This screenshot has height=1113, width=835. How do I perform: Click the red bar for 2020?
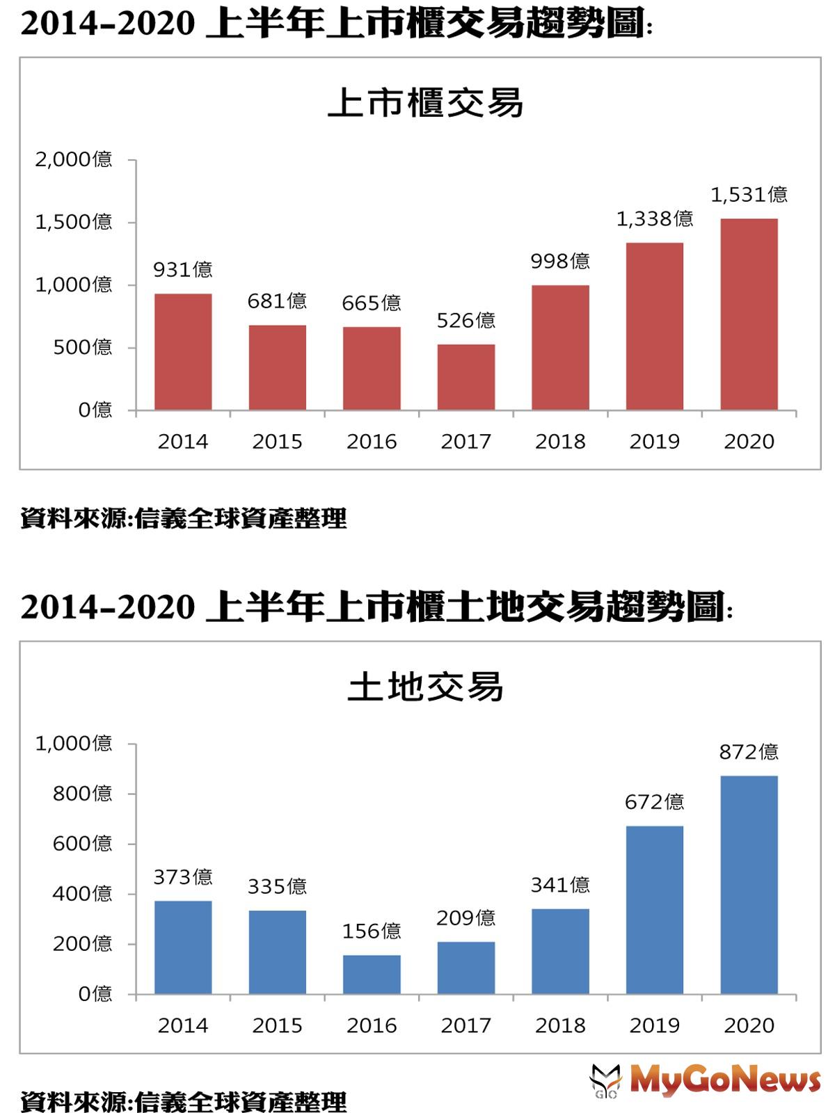click(749, 314)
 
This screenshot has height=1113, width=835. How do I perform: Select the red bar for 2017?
click(466, 377)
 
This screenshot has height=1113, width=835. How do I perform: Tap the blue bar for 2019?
click(654, 910)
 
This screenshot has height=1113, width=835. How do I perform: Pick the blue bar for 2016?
click(372, 975)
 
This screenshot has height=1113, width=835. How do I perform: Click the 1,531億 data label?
click(749, 195)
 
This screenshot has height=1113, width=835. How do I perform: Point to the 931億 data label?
click(183, 269)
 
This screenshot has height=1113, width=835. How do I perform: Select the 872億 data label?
click(749, 752)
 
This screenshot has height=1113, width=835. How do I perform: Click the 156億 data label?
click(372, 931)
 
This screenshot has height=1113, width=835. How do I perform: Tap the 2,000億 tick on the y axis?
click(74, 160)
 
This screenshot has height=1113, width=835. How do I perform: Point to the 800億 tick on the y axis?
click(83, 794)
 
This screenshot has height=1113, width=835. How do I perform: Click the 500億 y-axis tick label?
click(83, 347)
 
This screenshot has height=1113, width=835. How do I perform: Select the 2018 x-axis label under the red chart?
click(560, 442)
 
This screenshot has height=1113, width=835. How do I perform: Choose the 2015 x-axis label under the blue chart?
click(277, 1026)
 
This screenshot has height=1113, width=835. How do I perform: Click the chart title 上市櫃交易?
click(425, 104)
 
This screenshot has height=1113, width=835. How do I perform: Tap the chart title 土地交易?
click(425, 687)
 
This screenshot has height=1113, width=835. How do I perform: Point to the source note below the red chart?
click(183, 519)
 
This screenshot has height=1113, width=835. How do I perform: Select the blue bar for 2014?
click(183, 947)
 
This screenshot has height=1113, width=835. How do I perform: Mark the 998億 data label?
click(560, 261)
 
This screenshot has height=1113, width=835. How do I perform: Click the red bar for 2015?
click(277, 367)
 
